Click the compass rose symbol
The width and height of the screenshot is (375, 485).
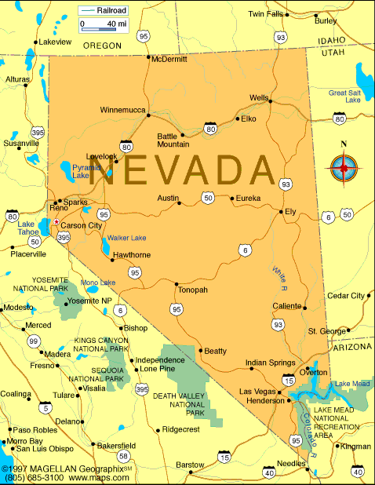343,165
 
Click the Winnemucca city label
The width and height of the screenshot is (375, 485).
122,110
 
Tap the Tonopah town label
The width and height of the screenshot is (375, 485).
192,290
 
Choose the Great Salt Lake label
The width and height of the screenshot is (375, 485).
344,97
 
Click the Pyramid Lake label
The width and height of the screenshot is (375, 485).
82,172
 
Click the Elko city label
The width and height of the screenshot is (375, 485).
249,119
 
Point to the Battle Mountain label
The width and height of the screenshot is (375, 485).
173,140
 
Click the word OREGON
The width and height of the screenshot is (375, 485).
102,46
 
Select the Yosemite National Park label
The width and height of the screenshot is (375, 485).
51,283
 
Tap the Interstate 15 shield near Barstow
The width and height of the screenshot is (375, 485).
225,456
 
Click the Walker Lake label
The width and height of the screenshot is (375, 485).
127,238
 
